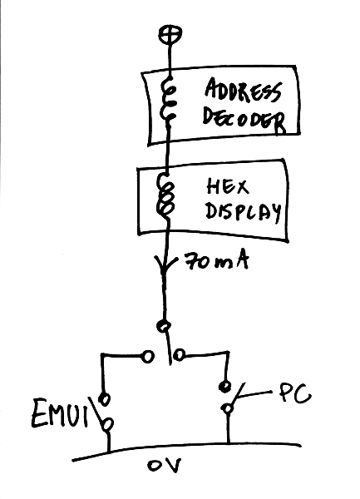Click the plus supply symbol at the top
(x=170, y=34)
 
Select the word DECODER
(x=244, y=121)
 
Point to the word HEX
(x=228, y=186)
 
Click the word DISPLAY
(x=244, y=212)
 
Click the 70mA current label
(x=216, y=262)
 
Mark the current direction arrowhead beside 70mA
(x=165, y=264)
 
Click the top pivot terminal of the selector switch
(x=164, y=325)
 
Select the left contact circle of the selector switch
(x=147, y=356)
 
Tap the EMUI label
(x=59, y=413)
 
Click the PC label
(x=295, y=394)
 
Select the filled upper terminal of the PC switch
(x=225, y=387)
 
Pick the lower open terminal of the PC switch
(x=228, y=408)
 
